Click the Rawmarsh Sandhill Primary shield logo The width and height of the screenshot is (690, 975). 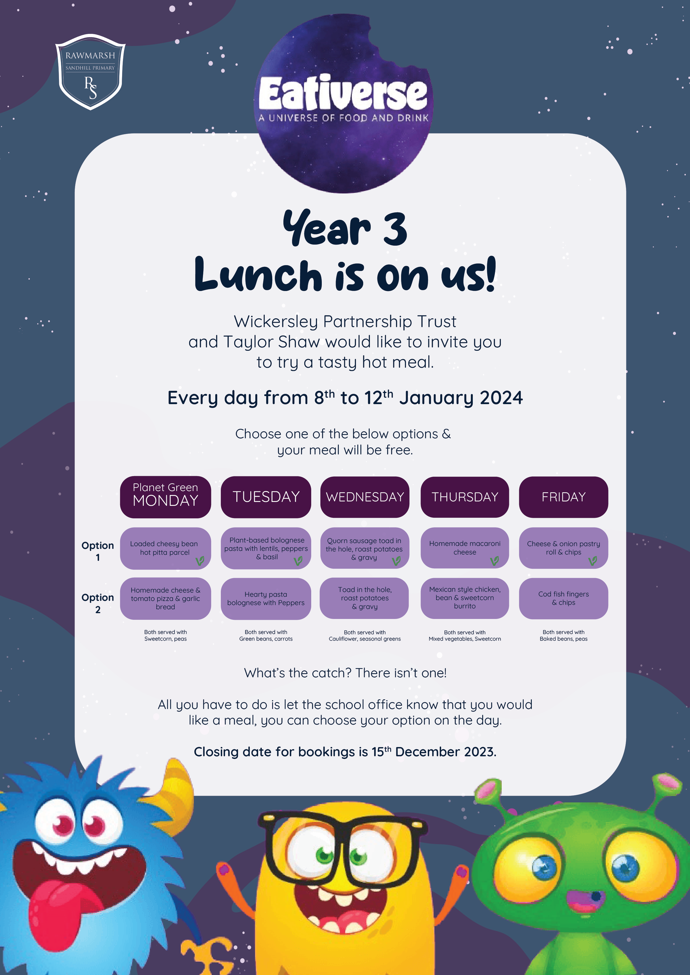tap(90, 72)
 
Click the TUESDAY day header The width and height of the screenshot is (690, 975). tap(266, 497)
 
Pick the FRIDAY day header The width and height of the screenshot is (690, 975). tap(563, 497)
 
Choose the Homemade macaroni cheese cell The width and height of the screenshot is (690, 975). tap(465, 548)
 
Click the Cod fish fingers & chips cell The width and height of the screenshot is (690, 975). tap(563, 598)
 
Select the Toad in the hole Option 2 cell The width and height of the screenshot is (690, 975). tap(365, 598)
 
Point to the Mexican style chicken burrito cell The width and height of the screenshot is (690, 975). tap(465, 598)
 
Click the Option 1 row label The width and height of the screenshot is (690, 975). tap(98, 551)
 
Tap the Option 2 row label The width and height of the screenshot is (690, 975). tap(98, 603)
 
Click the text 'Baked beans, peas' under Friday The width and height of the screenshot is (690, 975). tap(563, 639)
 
